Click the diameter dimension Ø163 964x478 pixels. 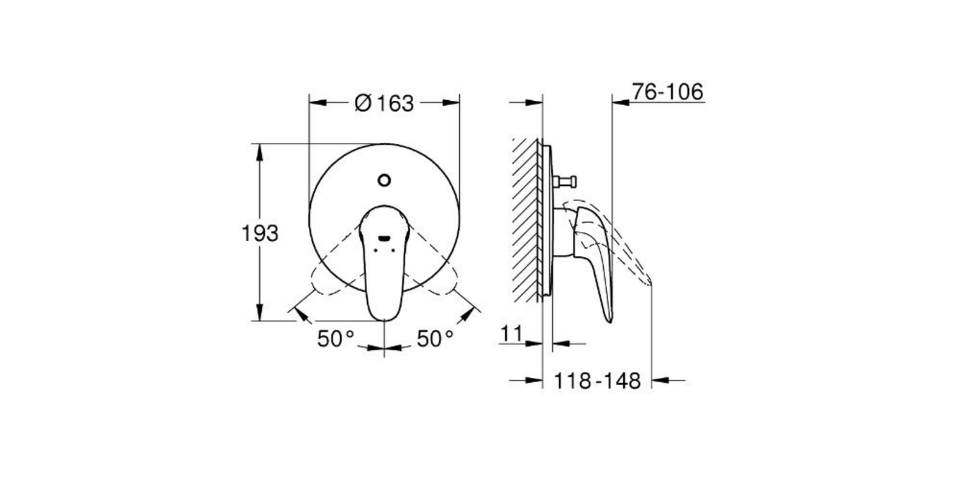point(384,103)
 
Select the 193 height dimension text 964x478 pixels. point(260,233)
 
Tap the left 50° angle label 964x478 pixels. point(335,339)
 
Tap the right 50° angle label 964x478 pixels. point(434,339)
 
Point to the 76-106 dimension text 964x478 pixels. point(668,92)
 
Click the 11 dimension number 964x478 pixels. point(513,333)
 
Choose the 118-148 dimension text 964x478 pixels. point(597,381)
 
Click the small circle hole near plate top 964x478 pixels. point(384,180)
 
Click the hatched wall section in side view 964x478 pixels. point(526,219)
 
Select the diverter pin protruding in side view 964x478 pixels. point(565,182)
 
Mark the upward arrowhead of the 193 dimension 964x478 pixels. point(260,150)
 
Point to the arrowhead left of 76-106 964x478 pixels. point(620,103)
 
